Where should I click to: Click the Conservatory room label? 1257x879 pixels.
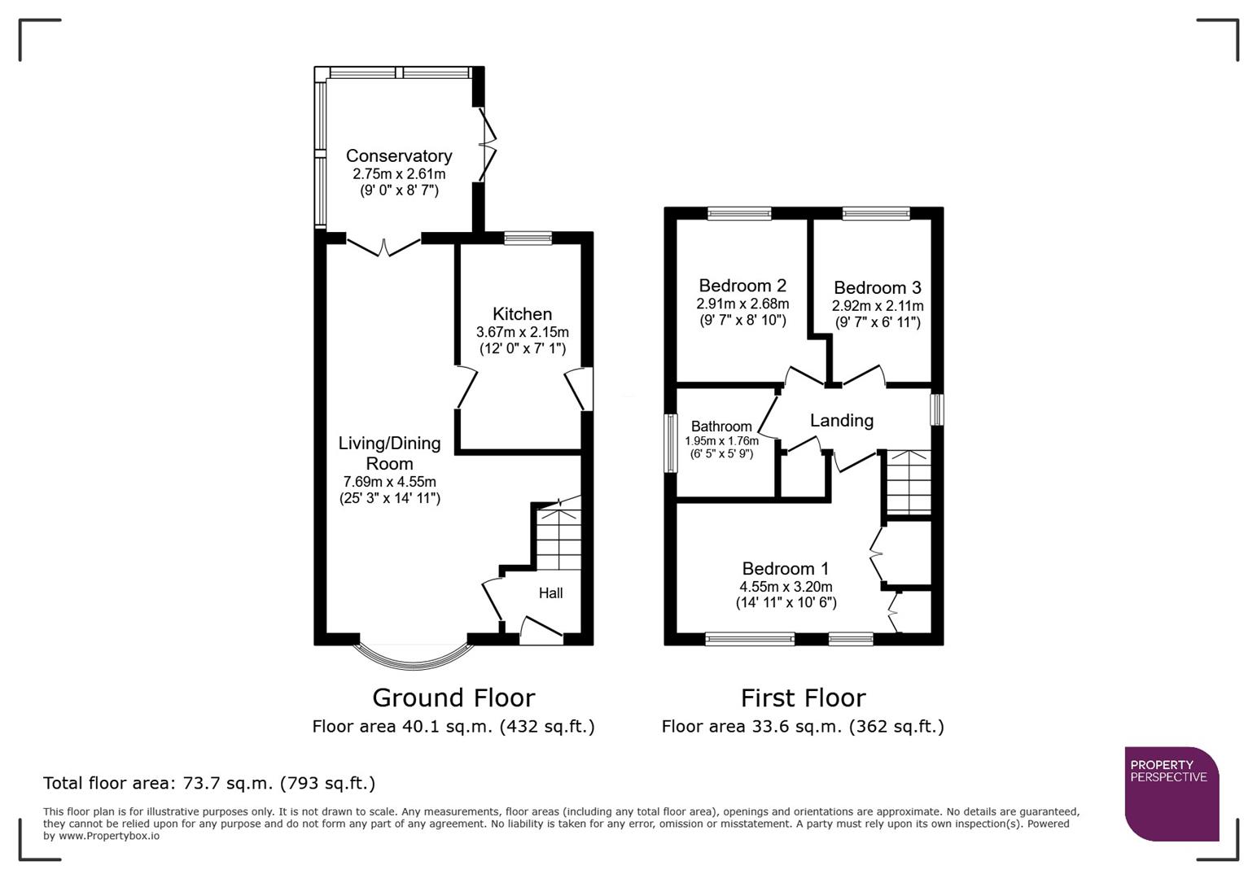coord(398,155)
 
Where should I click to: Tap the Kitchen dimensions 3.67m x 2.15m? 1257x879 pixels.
coord(522,332)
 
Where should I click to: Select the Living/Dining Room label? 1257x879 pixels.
coord(389,453)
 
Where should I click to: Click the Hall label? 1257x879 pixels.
coord(550,593)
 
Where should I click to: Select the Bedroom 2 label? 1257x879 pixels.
coord(742,286)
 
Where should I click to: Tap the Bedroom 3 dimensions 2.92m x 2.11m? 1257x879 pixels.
coord(877,306)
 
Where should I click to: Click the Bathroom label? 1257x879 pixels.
coord(721,426)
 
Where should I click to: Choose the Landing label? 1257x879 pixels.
coord(841,421)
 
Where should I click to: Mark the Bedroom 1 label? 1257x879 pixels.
coord(785,569)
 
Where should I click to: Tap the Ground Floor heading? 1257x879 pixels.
coord(453,698)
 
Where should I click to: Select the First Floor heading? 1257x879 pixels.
coord(803,698)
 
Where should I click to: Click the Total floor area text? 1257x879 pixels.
coord(208,784)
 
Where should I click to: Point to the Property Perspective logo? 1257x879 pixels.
coord(1171,794)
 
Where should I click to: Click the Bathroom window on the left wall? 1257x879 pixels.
coord(671,443)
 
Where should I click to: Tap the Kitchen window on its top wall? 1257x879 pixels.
coord(528,238)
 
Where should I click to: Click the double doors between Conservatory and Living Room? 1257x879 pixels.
coord(383,244)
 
